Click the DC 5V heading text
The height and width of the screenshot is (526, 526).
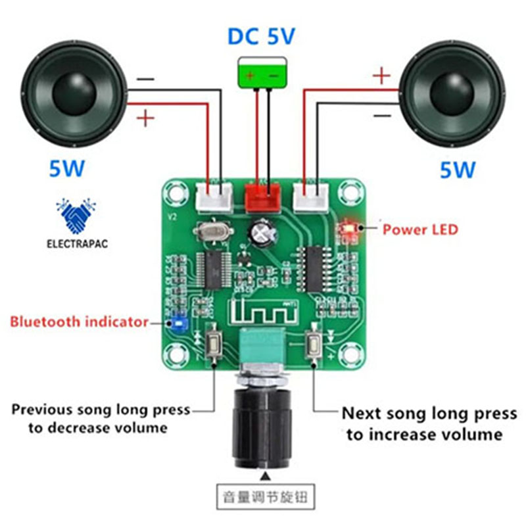pos(262,36)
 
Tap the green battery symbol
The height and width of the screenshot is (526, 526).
pos(262,72)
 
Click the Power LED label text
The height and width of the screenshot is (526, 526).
pos(420,229)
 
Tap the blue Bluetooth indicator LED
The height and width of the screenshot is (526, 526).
pos(177,323)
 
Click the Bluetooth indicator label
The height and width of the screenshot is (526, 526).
pos(79,322)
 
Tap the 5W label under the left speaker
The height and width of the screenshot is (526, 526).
pos(67,169)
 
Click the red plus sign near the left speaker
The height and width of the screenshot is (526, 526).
pos(146,118)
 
